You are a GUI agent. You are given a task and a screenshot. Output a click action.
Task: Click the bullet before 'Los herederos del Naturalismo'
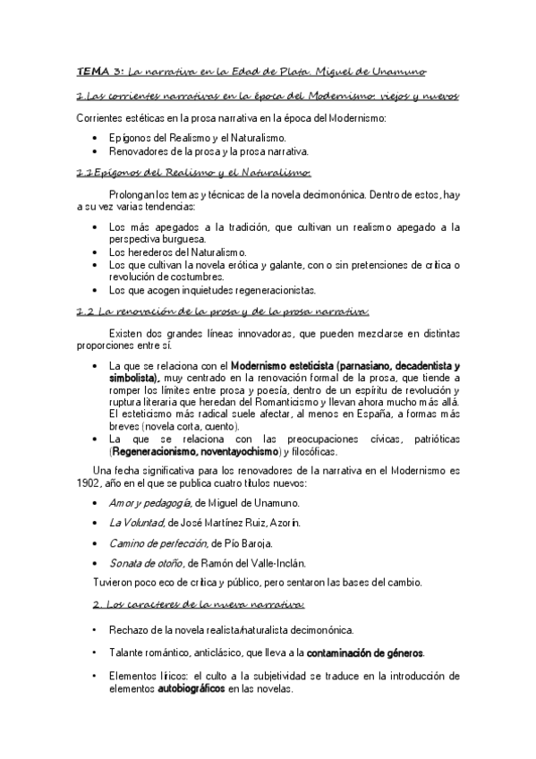click(x=97, y=252)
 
